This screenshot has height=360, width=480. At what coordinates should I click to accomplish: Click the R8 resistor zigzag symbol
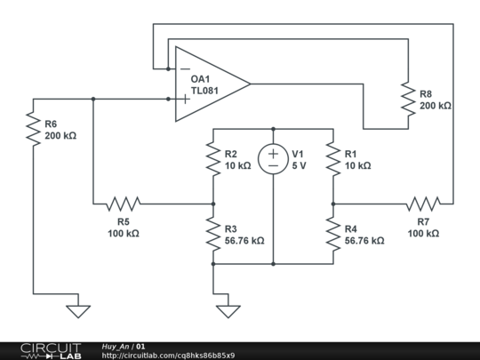click(x=408, y=99)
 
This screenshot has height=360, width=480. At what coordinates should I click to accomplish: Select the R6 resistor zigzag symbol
click(x=33, y=129)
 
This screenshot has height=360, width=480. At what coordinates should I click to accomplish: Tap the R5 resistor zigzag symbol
click(x=124, y=204)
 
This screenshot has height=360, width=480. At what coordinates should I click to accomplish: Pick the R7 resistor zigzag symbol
click(x=423, y=204)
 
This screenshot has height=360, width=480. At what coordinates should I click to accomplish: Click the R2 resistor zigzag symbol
click(x=213, y=158)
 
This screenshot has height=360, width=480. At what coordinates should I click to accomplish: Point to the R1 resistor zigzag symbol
click(x=333, y=158)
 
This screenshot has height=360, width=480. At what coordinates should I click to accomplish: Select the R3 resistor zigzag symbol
click(x=213, y=234)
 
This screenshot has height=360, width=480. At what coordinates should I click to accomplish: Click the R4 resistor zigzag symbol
click(x=333, y=234)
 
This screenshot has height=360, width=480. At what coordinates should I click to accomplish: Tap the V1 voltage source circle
click(x=273, y=159)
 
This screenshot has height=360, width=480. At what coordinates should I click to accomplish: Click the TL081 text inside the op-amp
click(x=204, y=91)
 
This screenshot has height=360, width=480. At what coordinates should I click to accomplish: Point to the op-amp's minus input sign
click(x=185, y=68)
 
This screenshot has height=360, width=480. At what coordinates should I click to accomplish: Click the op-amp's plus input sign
click(x=185, y=99)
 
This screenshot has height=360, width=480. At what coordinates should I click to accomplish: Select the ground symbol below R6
click(x=78, y=311)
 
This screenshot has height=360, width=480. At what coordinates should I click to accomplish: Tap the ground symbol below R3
click(x=228, y=311)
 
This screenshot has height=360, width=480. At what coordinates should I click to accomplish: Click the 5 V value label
click(x=299, y=165)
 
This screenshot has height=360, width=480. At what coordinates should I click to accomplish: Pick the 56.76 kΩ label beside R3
click(x=244, y=241)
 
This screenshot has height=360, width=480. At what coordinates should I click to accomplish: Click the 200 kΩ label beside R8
click(x=435, y=106)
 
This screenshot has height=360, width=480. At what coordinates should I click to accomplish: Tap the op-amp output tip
click(x=251, y=84)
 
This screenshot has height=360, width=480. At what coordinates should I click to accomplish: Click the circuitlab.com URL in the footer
click(x=168, y=356)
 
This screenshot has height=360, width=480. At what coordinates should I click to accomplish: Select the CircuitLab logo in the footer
click(x=51, y=351)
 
